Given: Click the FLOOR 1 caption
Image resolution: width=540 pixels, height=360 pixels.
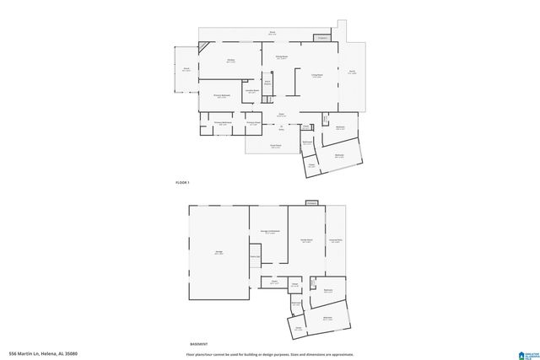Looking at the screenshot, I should pos(182,183).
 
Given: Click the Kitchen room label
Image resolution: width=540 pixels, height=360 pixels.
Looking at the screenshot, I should pos(230,61).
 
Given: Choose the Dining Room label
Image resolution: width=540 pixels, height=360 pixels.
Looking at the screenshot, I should pos(282,56).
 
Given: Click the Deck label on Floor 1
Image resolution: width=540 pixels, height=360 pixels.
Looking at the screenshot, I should pos(272,33).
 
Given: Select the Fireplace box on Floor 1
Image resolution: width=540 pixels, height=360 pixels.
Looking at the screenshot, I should pos(322,38).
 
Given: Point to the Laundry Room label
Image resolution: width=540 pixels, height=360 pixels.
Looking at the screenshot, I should pos(251,91).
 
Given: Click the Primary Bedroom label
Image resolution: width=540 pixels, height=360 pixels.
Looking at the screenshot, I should pos(222,96).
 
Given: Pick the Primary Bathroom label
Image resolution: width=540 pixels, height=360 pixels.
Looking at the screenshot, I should pos(222,123).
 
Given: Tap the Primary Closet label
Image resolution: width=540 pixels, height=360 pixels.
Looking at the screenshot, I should pos(252,123).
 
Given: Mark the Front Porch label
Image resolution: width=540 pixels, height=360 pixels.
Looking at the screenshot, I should pos(275,146).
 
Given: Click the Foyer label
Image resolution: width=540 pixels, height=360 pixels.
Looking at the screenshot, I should pos(282,115).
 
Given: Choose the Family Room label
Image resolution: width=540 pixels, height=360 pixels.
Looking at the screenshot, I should pos(307,240).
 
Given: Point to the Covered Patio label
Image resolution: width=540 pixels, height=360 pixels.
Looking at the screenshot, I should pos(336,240).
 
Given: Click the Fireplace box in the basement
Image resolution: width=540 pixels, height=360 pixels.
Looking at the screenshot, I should pos(311,203).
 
